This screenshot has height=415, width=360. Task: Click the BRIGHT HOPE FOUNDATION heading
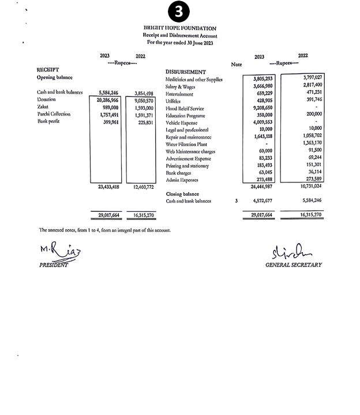pyautogui.click(x=179, y=28)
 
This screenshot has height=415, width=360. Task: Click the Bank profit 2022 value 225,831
pyautogui.click(x=143, y=122)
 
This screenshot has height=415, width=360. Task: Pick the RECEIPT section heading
pyautogui.click(x=48, y=70)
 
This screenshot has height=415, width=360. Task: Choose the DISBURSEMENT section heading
pyautogui.click(x=186, y=72)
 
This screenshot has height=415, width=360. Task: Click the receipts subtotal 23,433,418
pyautogui.click(x=106, y=187)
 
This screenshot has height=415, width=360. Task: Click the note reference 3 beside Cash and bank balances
pyautogui.click(x=236, y=201)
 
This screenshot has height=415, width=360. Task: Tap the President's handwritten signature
pyautogui.click(x=57, y=251)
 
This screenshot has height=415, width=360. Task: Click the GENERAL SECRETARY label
pyautogui.click(x=293, y=265)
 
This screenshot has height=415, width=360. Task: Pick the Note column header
pyautogui.click(x=236, y=65)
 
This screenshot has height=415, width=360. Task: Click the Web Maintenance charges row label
pyautogui.click(x=190, y=151)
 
